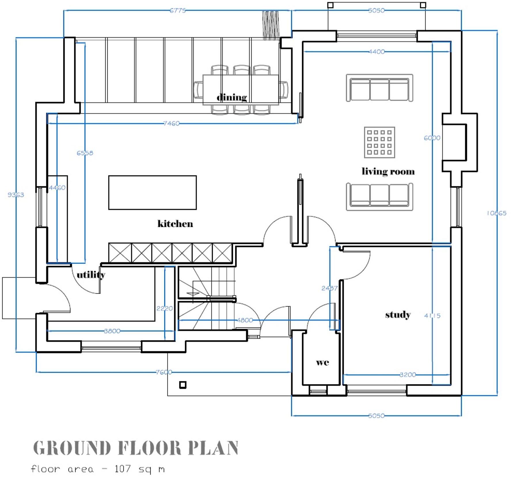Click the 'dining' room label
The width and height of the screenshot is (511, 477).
click(x=231, y=97)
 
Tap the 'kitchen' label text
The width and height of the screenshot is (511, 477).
click(x=175, y=224)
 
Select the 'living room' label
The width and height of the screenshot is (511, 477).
click(x=388, y=171)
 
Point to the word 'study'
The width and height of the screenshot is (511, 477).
click(x=398, y=315)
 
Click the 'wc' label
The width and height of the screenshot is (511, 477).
click(x=322, y=362)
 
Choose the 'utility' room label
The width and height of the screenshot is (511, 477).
click(x=91, y=275)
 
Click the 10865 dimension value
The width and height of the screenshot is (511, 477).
click(x=496, y=213)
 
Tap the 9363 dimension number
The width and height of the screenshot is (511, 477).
click(x=16, y=195)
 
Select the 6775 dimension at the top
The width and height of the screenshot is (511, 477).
click(x=178, y=11)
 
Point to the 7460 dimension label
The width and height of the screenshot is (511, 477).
click(x=171, y=123)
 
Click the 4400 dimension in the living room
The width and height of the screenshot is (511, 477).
click(x=377, y=52)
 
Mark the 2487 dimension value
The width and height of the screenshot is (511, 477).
click(x=329, y=288)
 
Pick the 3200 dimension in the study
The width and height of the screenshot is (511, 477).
click(x=408, y=375)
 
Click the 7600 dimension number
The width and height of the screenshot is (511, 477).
click(x=164, y=372)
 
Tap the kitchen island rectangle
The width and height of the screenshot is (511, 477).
click(x=152, y=192)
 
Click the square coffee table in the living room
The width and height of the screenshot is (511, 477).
click(x=379, y=142)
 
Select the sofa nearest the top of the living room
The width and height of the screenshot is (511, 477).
click(x=379, y=88)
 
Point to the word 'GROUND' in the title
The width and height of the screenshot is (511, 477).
click(x=72, y=448)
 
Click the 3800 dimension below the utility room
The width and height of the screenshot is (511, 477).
click(x=112, y=331)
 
